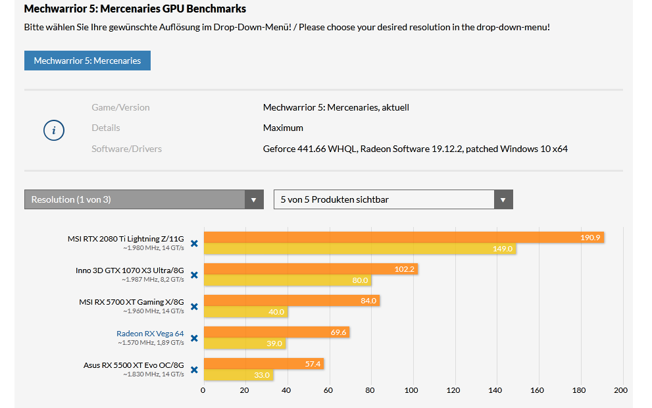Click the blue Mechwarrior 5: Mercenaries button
88,61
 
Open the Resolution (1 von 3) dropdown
143,199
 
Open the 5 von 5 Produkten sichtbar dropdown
393,199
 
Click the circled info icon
53,130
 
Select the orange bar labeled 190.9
403,238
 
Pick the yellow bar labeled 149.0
359,249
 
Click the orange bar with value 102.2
311,269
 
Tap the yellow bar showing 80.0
287,280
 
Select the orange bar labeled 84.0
291,301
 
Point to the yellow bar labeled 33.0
238,375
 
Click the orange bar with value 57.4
263,364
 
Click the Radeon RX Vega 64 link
150,334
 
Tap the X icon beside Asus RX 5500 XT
194,370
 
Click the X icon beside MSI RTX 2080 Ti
194,243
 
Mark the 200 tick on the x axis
620,390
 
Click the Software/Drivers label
126,149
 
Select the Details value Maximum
283,128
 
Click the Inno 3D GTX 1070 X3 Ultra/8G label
130,270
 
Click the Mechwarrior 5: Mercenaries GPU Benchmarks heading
135,9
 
